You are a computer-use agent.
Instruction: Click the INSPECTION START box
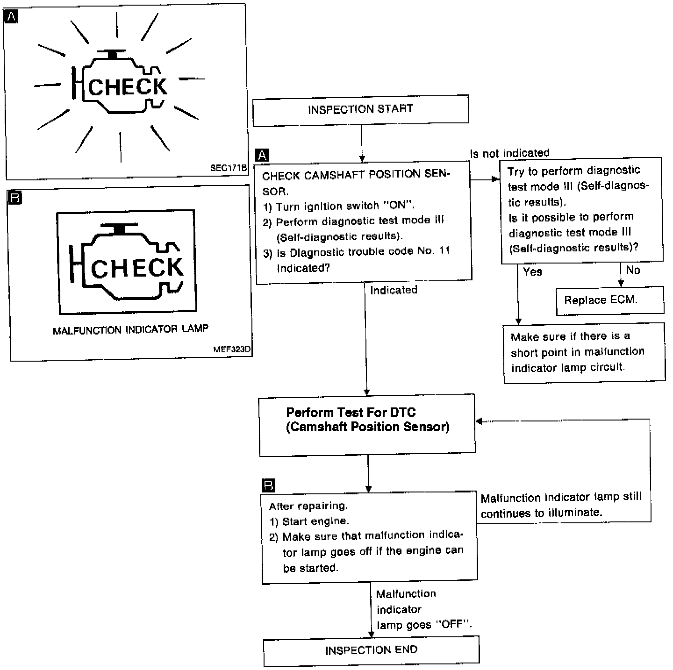(360, 109)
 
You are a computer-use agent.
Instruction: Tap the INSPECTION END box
(371, 650)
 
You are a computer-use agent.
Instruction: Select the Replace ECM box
(609, 300)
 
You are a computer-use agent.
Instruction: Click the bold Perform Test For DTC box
(367, 424)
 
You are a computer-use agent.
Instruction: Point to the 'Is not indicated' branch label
(509, 153)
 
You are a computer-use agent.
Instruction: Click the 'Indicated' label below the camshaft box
(394, 290)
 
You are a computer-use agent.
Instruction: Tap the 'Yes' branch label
(532, 271)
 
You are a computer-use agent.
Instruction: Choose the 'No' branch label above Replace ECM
(633, 270)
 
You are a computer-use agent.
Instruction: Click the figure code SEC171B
(228, 168)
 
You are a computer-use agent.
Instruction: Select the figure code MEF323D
(232, 349)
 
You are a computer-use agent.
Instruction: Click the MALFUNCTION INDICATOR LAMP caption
(130, 329)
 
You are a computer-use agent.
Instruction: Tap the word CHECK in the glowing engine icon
(127, 87)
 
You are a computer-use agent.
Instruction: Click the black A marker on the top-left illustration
(10, 17)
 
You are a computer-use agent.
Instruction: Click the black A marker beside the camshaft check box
(262, 155)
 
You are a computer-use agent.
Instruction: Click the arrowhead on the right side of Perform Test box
(479, 421)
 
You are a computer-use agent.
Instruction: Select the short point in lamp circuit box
(584, 352)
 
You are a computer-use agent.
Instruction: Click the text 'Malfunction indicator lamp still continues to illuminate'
(561, 505)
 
